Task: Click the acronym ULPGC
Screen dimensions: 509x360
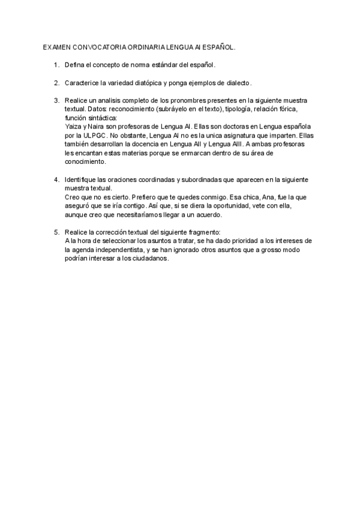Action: coord(93,136)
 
